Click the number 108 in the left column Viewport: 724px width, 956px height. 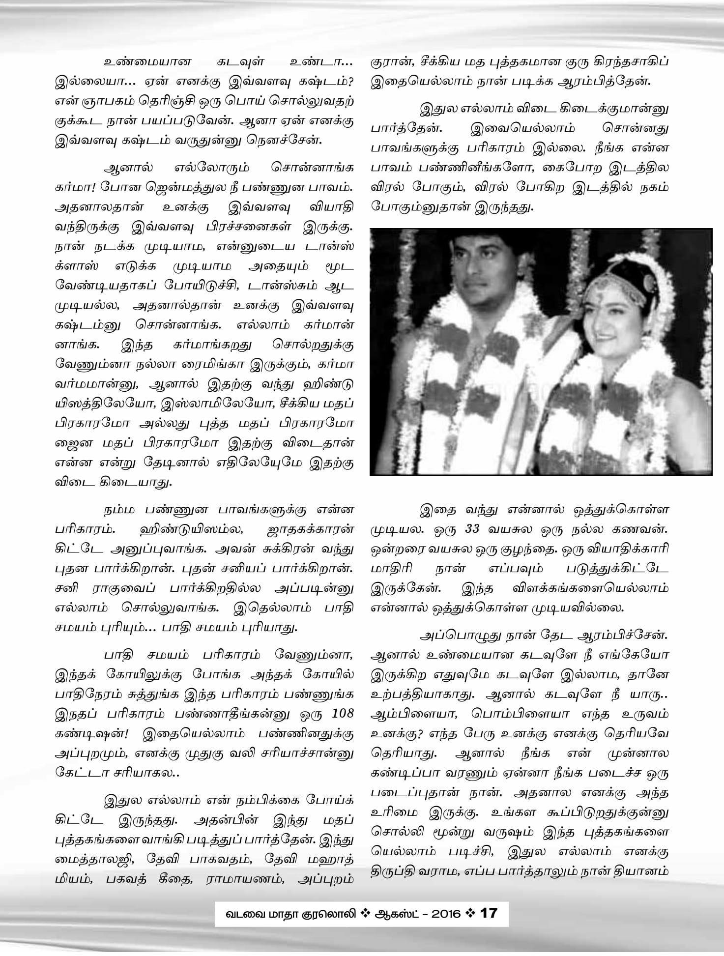pos(342,713)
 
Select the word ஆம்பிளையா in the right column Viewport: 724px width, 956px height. pos(410,713)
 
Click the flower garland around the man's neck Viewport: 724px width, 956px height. pos(472,374)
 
